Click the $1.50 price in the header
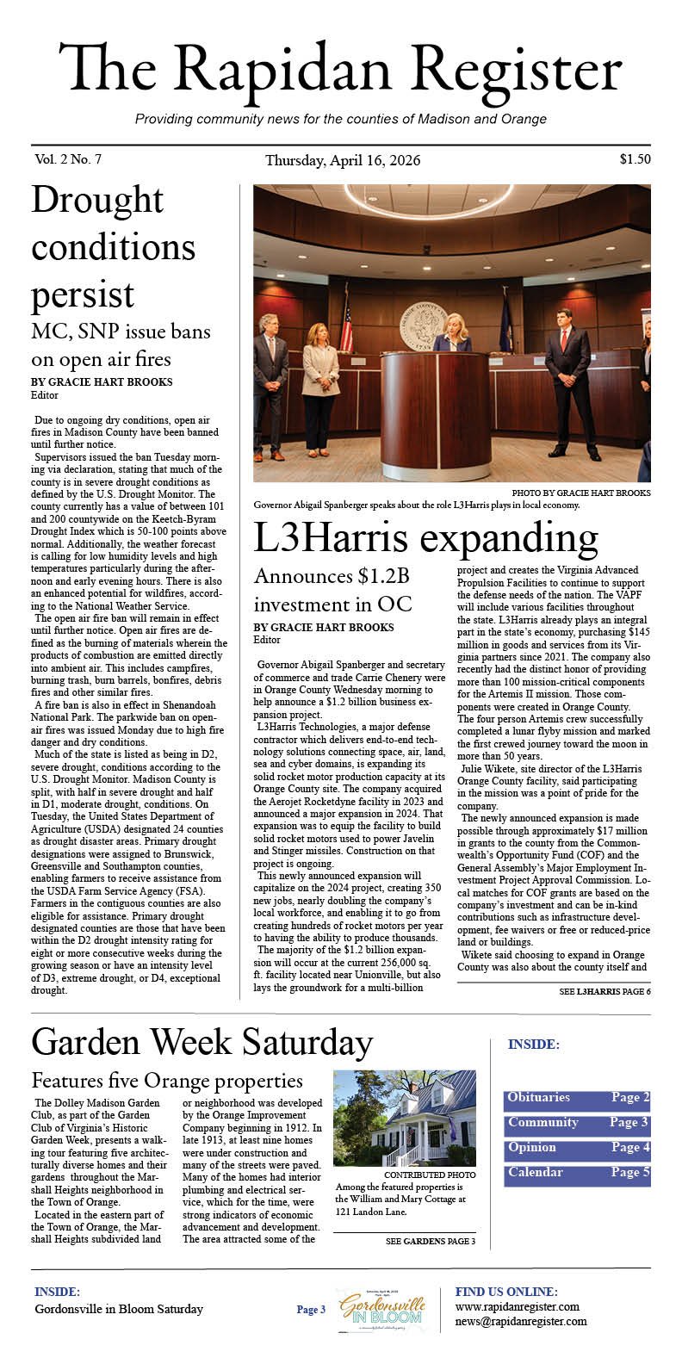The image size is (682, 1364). coord(634,159)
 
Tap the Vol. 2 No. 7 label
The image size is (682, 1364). coord(69,159)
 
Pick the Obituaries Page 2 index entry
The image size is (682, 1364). coord(576,1098)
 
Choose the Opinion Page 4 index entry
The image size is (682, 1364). coord(576,1148)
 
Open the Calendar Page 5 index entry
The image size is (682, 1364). coord(576,1173)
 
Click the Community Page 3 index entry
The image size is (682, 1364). coord(576,1123)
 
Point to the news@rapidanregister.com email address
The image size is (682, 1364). coord(521,1322)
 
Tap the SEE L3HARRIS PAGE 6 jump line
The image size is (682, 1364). coord(604,992)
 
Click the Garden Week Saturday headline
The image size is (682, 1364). coord(201,1043)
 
